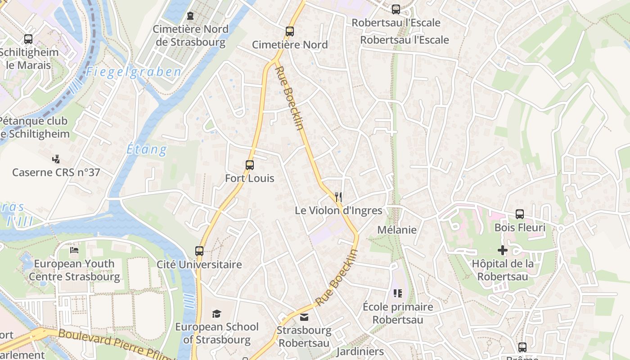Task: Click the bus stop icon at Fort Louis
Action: coord(250,165)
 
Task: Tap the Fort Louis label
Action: coord(250,178)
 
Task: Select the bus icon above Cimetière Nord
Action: coord(290,31)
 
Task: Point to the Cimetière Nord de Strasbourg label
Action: coord(190,36)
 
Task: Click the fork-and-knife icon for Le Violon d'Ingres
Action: coord(338,197)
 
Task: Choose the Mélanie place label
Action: coord(397,230)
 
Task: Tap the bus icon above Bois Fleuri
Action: coord(520,214)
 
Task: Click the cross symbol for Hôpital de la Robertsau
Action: coord(503,250)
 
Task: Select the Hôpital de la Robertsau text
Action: coord(503,270)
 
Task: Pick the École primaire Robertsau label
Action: coord(398,313)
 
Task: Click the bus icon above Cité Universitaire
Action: coord(199,251)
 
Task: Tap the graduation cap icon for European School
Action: coord(217,314)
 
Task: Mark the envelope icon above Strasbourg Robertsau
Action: coord(304,317)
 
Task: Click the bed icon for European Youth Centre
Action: coord(74,250)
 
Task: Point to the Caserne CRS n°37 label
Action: coord(56,172)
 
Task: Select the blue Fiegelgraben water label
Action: coord(134,72)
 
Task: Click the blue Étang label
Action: coord(147,149)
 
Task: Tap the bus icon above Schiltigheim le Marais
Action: coord(28,39)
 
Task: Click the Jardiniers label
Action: coord(360,351)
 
